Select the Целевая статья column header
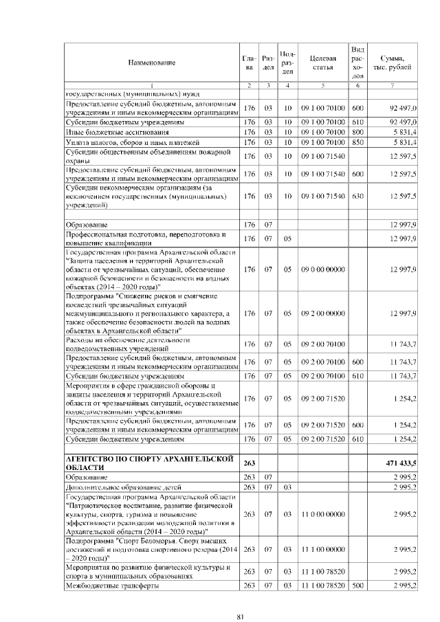322,63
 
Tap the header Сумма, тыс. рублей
392,63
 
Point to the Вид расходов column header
357,63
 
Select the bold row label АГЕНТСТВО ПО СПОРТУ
148,464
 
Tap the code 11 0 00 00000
322,513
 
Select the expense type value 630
357,197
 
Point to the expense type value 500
357,586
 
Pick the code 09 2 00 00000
322,313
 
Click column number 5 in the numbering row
322,85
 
